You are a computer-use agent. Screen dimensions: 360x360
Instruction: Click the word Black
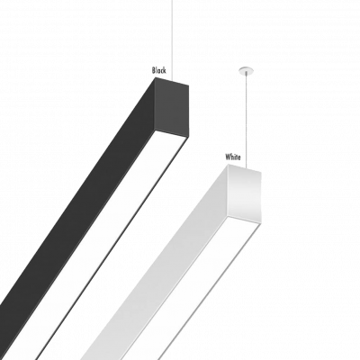pos(159,70)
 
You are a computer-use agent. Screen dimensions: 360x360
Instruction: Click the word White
pos(233,157)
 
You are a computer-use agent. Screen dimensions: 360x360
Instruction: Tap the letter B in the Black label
pos(154,70)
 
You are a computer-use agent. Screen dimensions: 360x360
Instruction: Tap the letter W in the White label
pos(228,157)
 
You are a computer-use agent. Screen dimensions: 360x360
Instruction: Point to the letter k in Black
pos(165,70)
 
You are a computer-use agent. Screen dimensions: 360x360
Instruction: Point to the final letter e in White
pos(238,157)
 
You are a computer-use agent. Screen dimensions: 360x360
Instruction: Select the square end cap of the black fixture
pos(172,107)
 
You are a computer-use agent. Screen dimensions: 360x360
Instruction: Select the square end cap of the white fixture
pos(244,193)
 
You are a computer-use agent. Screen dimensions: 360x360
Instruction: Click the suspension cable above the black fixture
pos(172,40)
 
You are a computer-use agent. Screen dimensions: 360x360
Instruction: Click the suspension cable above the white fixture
pos(247,120)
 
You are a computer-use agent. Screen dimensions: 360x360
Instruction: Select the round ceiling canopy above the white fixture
pos(247,71)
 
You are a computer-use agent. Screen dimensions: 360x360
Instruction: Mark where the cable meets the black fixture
pos(172,80)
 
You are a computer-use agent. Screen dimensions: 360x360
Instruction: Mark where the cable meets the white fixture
pos(247,168)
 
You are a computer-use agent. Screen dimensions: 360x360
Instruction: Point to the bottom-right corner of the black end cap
pos(188,138)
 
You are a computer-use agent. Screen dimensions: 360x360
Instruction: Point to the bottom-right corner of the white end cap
pos(260,223)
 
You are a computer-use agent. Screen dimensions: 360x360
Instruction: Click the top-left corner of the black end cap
pos(156,77)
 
